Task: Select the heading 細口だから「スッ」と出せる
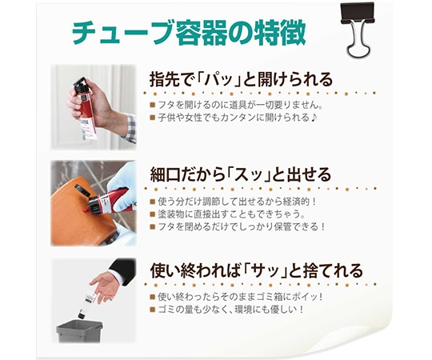click(x=240, y=174)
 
